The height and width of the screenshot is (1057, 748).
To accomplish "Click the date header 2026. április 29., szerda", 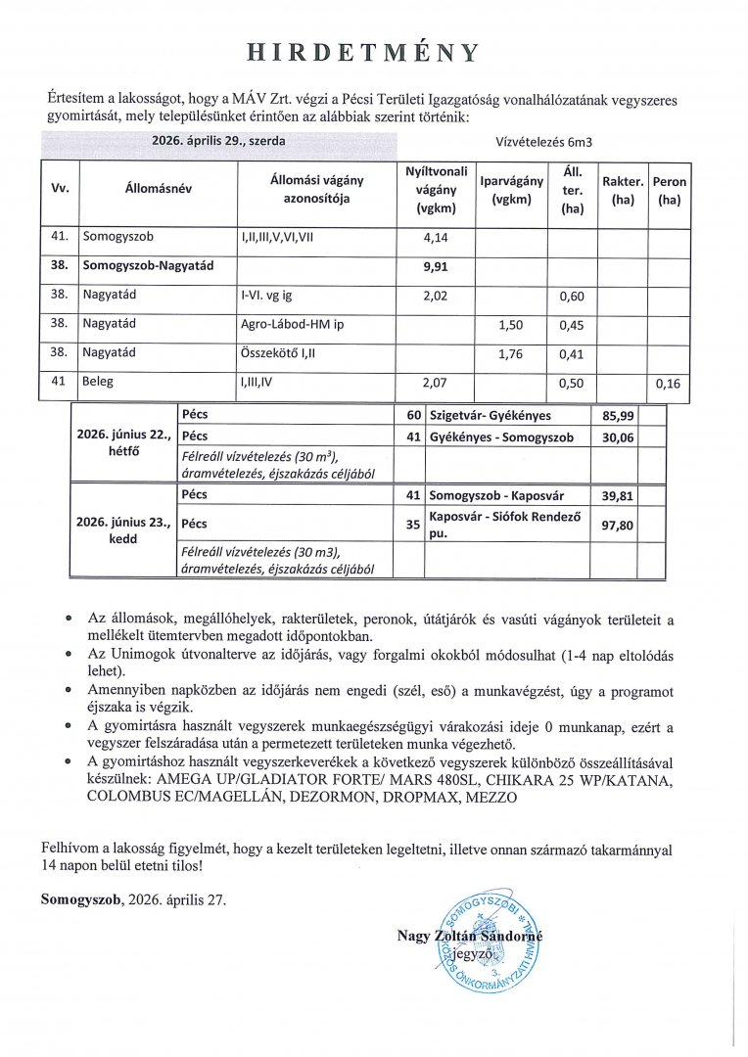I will [x=218, y=141].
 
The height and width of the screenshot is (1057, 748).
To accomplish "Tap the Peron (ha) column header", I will [x=671, y=191].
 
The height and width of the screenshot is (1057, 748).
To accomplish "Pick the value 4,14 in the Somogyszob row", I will [x=434, y=237].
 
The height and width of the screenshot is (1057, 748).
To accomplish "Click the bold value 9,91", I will [x=434, y=265].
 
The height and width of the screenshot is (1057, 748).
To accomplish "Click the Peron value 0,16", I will [x=670, y=384].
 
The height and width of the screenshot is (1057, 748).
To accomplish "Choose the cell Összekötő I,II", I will [x=276, y=354].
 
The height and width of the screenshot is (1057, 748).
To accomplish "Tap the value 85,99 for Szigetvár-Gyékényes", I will [x=618, y=415].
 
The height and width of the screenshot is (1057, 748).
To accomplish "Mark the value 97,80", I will [x=618, y=525].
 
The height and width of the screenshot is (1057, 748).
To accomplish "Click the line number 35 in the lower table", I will [x=414, y=525].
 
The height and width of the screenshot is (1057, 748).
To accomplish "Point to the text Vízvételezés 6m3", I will [x=550, y=142].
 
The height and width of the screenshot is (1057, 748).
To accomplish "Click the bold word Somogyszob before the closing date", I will [x=82, y=897].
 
